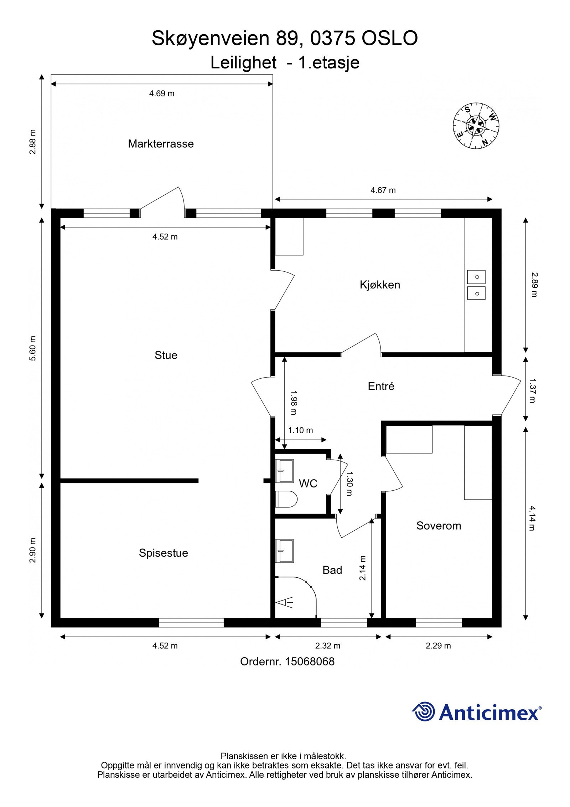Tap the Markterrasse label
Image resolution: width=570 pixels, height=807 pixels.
point(161,144)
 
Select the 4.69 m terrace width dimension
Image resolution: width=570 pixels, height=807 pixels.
point(161,93)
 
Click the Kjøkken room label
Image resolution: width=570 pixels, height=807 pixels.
point(380,285)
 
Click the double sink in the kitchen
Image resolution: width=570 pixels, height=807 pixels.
point(476,285)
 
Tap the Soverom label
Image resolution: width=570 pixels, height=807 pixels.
point(439,526)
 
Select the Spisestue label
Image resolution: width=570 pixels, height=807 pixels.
point(163,553)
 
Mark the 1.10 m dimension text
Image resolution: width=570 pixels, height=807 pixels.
point(300,430)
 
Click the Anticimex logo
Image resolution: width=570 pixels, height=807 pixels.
point(477,712)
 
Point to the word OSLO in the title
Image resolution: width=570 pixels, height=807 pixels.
point(389,39)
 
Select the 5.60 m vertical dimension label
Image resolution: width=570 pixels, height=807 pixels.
point(33,348)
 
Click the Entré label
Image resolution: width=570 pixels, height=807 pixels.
point(381,386)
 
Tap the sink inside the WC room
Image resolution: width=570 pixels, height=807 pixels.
point(285,471)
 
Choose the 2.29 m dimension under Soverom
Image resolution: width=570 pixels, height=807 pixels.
point(438,646)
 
